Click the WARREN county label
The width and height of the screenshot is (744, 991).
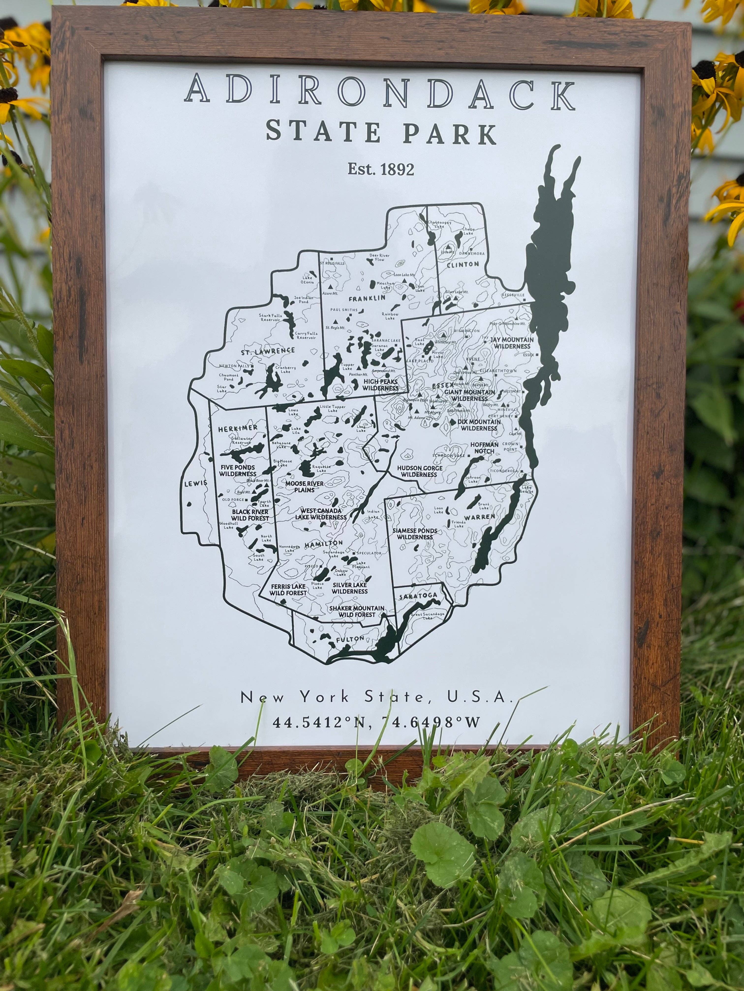(480, 517)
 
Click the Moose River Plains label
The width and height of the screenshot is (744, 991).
(305, 487)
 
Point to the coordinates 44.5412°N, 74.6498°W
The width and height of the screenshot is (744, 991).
(376, 722)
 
